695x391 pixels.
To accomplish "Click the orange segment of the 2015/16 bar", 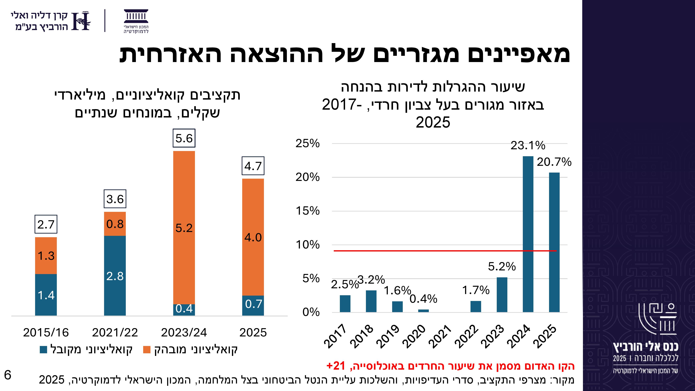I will pyautogui.click(x=46, y=255).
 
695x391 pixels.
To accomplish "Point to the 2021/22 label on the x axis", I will pyautogui.click(x=115, y=332).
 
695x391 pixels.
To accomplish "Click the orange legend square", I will pyautogui.click(x=146, y=349).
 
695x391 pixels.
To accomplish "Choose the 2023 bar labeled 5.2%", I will pyautogui.click(x=502, y=295).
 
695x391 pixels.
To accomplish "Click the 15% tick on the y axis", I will pyautogui.click(x=308, y=211).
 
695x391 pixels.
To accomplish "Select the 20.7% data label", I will pyautogui.click(x=554, y=162).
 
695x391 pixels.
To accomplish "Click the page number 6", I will pyautogui.click(x=7, y=375).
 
